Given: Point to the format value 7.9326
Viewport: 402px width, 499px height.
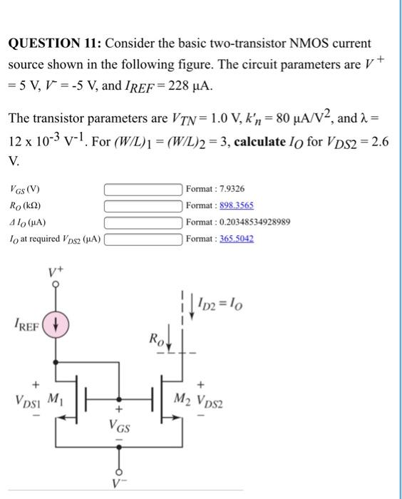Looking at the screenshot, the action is coord(229,190).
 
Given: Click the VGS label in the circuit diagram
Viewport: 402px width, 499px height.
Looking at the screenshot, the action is coord(119,427).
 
